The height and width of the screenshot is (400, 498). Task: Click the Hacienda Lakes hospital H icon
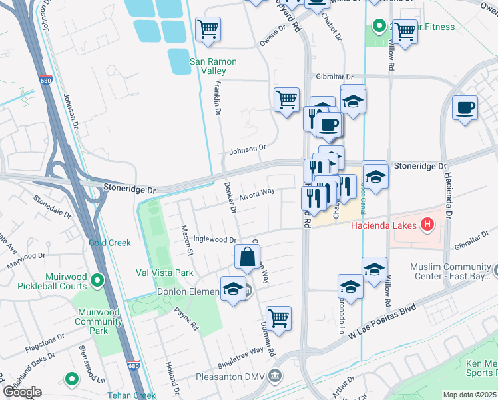tap(427, 225)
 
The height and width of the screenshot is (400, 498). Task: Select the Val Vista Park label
tap(164, 273)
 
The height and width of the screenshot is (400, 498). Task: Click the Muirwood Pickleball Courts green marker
tap(98, 281)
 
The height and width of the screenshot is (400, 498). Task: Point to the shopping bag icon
tap(247, 257)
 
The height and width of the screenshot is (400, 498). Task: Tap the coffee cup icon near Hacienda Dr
tap(465, 107)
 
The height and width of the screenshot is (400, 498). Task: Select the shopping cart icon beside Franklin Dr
tap(208, 29)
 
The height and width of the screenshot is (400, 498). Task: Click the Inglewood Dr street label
tap(214, 240)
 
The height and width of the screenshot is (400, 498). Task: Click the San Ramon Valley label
tap(213, 67)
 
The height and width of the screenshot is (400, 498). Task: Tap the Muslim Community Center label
tap(454, 271)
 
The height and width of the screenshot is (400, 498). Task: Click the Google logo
tap(21, 392)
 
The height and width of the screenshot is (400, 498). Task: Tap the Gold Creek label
tap(110, 243)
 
